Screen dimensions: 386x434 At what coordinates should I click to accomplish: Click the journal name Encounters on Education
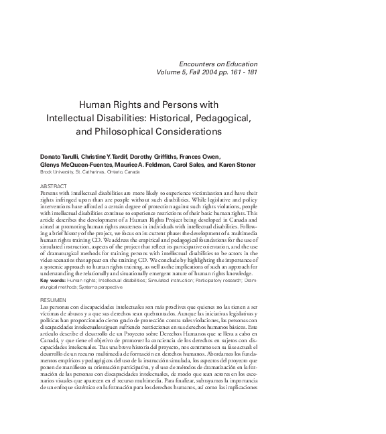coord(219,64)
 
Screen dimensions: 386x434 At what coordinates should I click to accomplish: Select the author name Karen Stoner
coord(237,165)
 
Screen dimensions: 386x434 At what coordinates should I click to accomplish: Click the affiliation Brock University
coord(57,172)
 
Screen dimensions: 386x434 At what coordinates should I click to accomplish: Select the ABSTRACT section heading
coord(54,185)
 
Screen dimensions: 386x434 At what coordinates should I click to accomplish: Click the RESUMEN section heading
coord(53,299)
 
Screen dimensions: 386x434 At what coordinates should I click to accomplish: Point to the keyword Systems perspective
coord(96,287)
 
